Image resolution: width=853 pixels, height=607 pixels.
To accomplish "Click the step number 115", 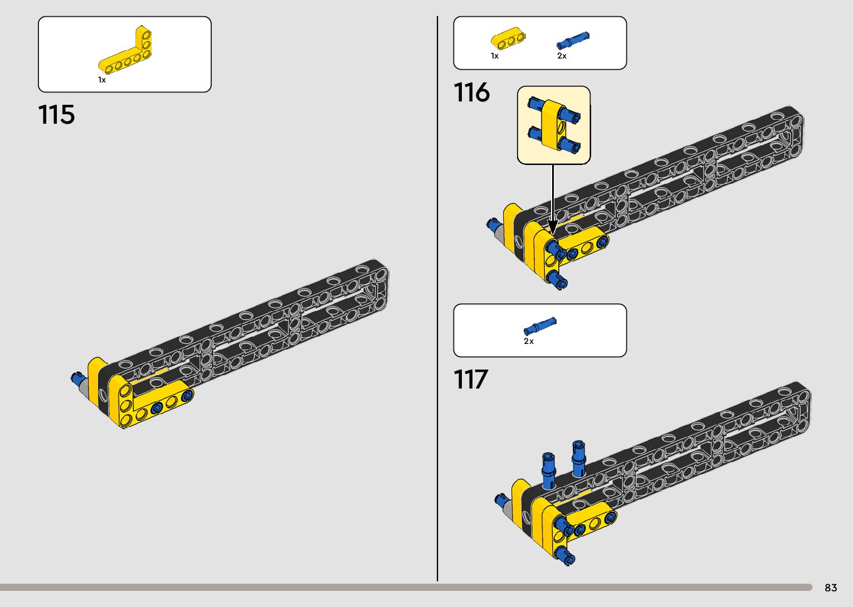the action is point(56,115).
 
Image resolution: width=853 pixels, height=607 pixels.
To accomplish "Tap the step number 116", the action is point(471,93).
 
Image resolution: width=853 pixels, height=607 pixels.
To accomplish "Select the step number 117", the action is point(471,380).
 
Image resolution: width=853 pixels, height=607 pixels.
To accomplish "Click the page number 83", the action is point(831,587).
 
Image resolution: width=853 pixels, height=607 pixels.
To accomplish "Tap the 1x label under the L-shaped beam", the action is point(102,80).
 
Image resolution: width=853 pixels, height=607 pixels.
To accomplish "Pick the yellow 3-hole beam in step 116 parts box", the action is point(508,40).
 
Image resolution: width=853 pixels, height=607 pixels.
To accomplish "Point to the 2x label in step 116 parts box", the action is point(562,56).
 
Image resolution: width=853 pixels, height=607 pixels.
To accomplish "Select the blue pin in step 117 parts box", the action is point(540,326).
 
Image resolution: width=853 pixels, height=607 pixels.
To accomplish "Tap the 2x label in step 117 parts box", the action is point(529,341).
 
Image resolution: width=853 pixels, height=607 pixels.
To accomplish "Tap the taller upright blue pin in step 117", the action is point(579,458).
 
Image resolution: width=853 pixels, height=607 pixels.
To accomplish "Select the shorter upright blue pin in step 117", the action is point(548,470).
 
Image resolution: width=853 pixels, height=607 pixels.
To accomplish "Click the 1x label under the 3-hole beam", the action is point(495,56).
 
